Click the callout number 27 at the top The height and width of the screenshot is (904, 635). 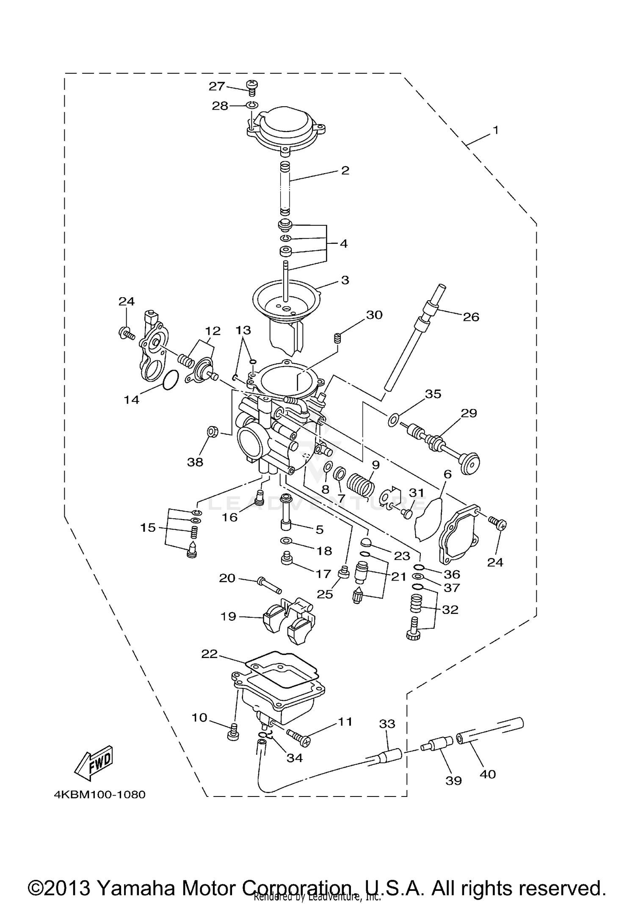[216, 86]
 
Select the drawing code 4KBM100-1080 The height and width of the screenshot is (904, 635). [99, 794]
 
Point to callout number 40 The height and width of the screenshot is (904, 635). [487, 774]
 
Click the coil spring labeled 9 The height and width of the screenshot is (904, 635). [361, 484]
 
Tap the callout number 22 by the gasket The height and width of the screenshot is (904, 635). [209, 654]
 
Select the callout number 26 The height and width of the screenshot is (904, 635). [471, 317]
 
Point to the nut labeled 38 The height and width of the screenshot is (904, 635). [212, 432]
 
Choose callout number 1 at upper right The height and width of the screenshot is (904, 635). [495, 130]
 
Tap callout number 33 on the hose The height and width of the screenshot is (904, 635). [387, 724]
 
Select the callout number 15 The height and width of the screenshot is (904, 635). [148, 528]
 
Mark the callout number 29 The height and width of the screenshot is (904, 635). [469, 413]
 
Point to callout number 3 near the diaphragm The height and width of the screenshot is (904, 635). [345, 280]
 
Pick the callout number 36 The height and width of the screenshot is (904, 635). [452, 574]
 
